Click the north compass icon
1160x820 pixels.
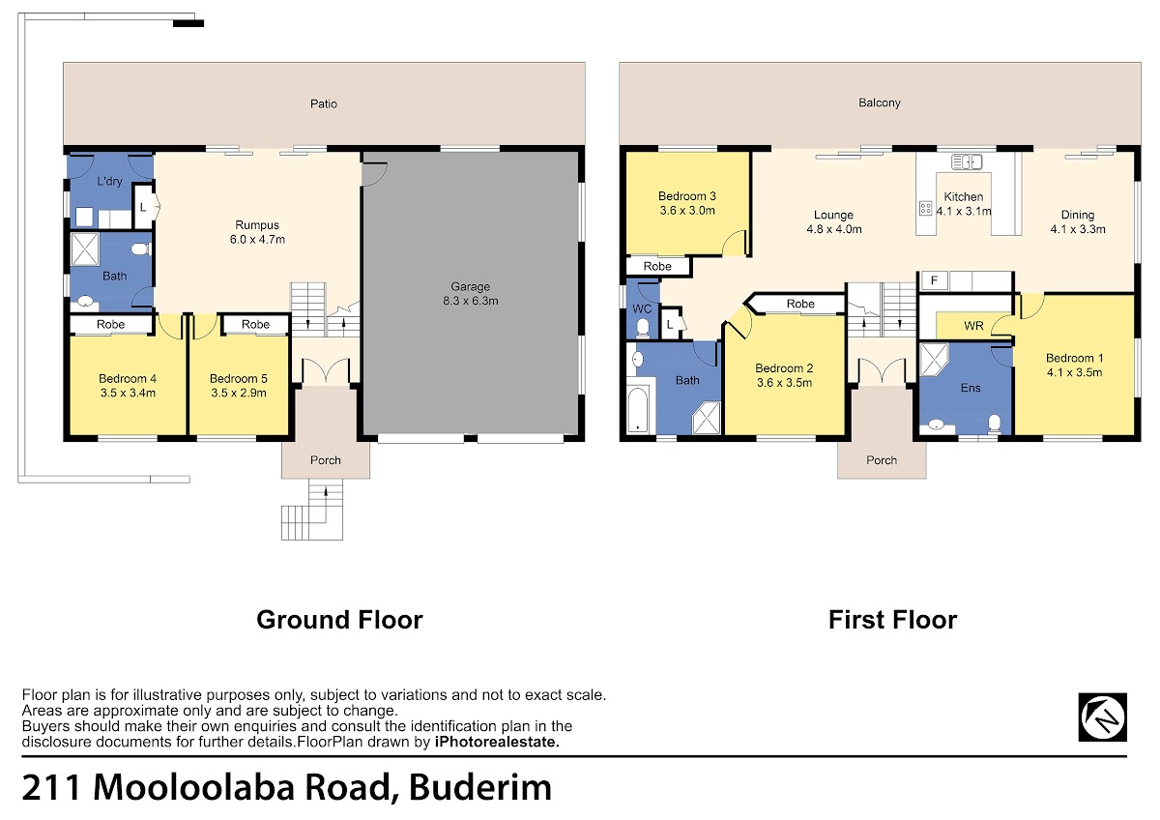coord(1103,717)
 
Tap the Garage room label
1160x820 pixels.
coord(470,286)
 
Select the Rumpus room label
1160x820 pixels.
coord(257,224)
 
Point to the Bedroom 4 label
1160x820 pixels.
coord(128,379)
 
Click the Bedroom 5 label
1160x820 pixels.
coord(238,379)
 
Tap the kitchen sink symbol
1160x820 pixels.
coord(967,162)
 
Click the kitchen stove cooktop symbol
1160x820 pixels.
coord(925,208)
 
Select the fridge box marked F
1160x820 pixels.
coord(934,280)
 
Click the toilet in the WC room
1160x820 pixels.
coord(643,328)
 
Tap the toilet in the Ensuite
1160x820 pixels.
coord(995,424)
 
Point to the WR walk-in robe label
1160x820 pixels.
coord(973,326)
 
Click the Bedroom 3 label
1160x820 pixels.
coord(686,196)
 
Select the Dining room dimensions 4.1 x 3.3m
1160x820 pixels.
coord(1078,229)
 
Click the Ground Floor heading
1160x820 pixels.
coord(339,620)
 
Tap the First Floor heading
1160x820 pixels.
coord(893,620)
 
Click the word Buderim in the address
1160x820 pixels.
coord(480,787)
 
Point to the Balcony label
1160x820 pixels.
coord(880,102)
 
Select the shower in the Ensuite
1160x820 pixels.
coord(933,359)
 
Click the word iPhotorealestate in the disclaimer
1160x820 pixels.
coord(497,742)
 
